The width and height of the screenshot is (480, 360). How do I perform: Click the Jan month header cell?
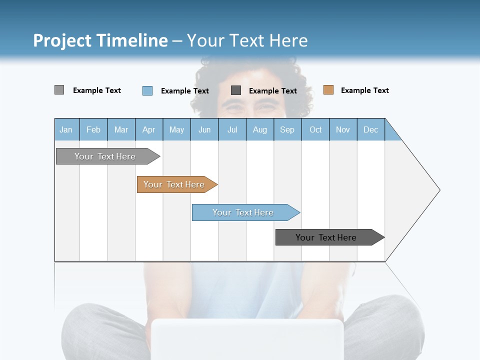click(x=66, y=129)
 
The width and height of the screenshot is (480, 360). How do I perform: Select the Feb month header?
click(x=93, y=129)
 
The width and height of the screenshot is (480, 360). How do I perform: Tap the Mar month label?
click(x=121, y=129)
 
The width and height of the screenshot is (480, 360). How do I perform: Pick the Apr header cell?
click(x=149, y=129)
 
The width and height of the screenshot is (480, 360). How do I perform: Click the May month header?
click(x=176, y=129)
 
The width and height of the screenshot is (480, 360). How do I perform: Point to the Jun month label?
click(x=204, y=129)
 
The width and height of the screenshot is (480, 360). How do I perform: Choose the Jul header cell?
click(x=232, y=129)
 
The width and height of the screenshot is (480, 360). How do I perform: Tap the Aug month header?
click(x=260, y=129)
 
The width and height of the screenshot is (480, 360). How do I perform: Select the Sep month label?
click(x=287, y=129)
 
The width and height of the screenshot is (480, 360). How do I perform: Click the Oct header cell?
click(x=315, y=129)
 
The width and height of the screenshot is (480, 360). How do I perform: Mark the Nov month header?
click(x=343, y=129)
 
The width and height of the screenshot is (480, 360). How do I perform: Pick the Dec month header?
click(x=371, y=129)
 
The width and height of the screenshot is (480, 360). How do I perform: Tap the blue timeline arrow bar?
click(x=243, y=212)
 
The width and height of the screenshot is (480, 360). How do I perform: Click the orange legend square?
click(x=328, y=90)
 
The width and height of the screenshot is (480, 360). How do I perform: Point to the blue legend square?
click(x=147, y=90)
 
